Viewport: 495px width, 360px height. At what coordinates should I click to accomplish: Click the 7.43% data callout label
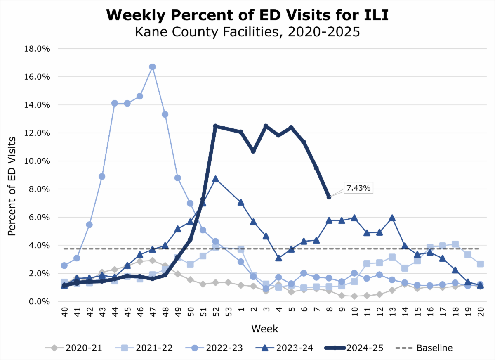coord(358,188)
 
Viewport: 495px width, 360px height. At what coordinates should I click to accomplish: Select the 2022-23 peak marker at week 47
coord(152,67)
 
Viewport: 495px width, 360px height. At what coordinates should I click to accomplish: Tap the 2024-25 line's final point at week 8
coord(329,197)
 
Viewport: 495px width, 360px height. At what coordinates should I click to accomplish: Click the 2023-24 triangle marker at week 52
coord(215,179)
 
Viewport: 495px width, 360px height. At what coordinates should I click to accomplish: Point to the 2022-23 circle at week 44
coord(115,103)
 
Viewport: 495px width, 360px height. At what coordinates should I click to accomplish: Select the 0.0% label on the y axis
coord(39,301)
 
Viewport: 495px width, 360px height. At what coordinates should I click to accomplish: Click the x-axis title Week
coord(265,329)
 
